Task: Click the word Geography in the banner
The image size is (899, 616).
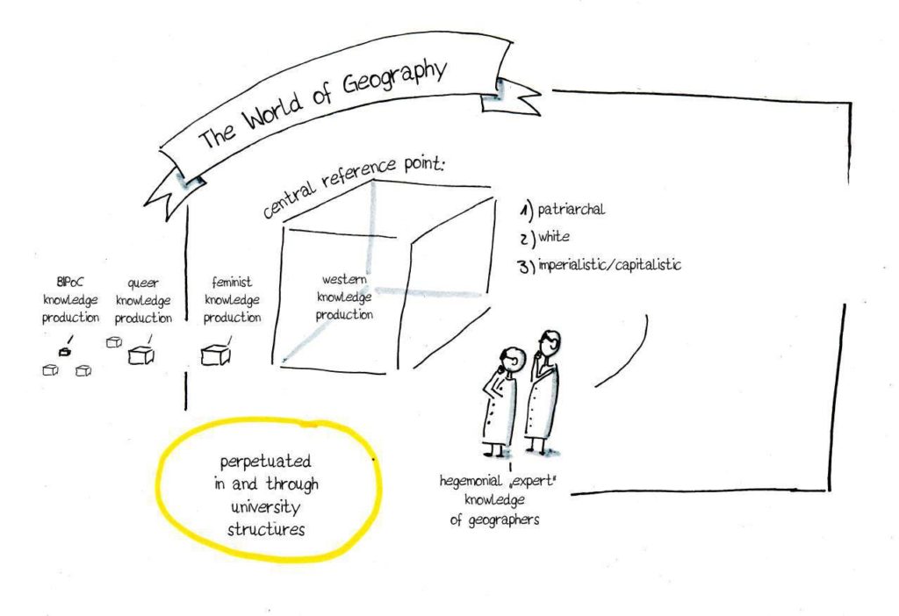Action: (x=394, y=77)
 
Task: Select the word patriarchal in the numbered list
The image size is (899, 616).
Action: (x=571, y=210)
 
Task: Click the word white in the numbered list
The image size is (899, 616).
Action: (x=554, y=236)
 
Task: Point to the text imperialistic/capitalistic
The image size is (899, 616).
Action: (x=609, y=265)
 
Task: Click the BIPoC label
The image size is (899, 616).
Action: (x=70, y=282)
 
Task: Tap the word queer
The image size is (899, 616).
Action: (x=143, y=283)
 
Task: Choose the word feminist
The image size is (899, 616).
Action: (x=232, y=282)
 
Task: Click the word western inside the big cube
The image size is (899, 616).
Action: (x=344, y=280)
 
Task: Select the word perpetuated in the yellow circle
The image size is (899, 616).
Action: (x=265, y=462)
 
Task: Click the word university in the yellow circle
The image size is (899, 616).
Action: (x=265, y=507)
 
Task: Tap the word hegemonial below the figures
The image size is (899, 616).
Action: (x=471, y=481)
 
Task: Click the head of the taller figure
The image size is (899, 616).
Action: (x=550, y=341)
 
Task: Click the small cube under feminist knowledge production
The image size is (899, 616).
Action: (x=215, y=355)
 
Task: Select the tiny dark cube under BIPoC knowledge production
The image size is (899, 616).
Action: (x=65, y=351)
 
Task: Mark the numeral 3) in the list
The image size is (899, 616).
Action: (x=527, y=267)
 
